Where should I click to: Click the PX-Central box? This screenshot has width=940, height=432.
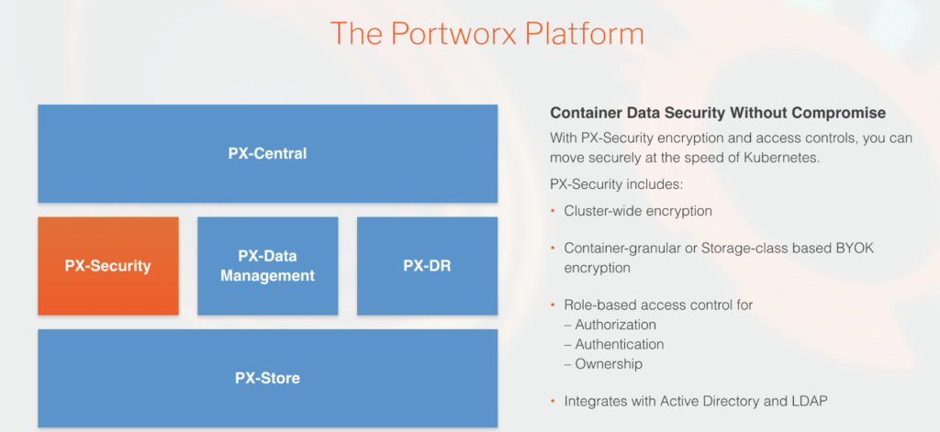267,153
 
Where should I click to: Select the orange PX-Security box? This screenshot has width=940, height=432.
108,266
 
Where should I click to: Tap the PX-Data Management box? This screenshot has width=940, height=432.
267,266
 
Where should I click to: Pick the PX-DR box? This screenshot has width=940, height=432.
427,266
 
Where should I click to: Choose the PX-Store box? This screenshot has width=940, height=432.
267,378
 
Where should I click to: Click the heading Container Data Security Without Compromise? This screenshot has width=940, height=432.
718,114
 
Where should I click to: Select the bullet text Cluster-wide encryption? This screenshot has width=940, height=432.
638,211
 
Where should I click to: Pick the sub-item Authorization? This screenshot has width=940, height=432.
615,325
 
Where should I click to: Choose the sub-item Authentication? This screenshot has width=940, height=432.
619,344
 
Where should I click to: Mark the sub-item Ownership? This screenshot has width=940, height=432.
609,364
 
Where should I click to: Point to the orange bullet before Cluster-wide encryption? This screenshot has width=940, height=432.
554,211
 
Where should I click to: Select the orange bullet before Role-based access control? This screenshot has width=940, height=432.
554,305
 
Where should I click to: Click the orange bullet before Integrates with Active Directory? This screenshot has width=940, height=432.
554,401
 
